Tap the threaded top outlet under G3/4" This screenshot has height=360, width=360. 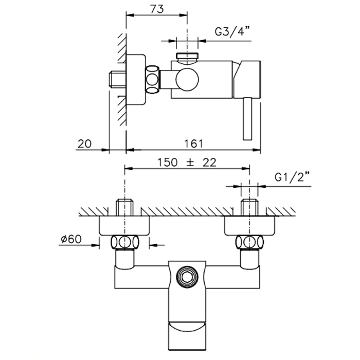187,56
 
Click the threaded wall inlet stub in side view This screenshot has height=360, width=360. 118,80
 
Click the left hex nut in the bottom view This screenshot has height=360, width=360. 125,242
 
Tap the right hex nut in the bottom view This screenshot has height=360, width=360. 249,242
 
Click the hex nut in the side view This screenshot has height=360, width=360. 154,79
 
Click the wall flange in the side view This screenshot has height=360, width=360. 136,79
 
